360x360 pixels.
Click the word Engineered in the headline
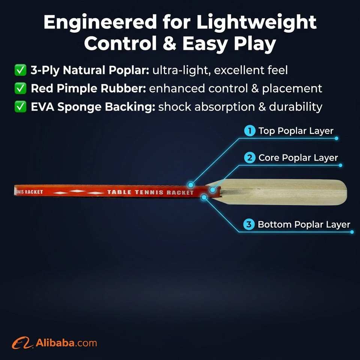click(x=100, y=22)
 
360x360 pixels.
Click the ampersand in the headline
click(x=169, y=43)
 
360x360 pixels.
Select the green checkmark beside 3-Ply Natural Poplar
click(x=20, y=70)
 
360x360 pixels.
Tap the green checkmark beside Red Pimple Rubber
click(x=20, y=88)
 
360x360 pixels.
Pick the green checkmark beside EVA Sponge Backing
click(x=20, y=106)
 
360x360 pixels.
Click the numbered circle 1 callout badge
click(x=250, y=131)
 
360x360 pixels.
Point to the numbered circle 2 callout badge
click(x=250, y=158)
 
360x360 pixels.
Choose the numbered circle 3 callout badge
click(x=249, y=224)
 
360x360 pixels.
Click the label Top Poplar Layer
click(x=296, y=131)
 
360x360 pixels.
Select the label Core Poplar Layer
click(x=298, y=158)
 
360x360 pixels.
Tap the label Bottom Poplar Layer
click(x=304, y=225)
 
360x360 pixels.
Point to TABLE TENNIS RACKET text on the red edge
click(x=150, y=192)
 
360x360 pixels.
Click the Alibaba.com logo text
click(x=66, y=343)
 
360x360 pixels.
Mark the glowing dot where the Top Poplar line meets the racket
click(x=190, y=184)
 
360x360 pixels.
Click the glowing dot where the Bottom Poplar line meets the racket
click(x=204, y=197)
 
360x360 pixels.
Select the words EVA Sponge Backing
click(x=93, y=107)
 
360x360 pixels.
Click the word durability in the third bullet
click(x=295, y=107)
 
